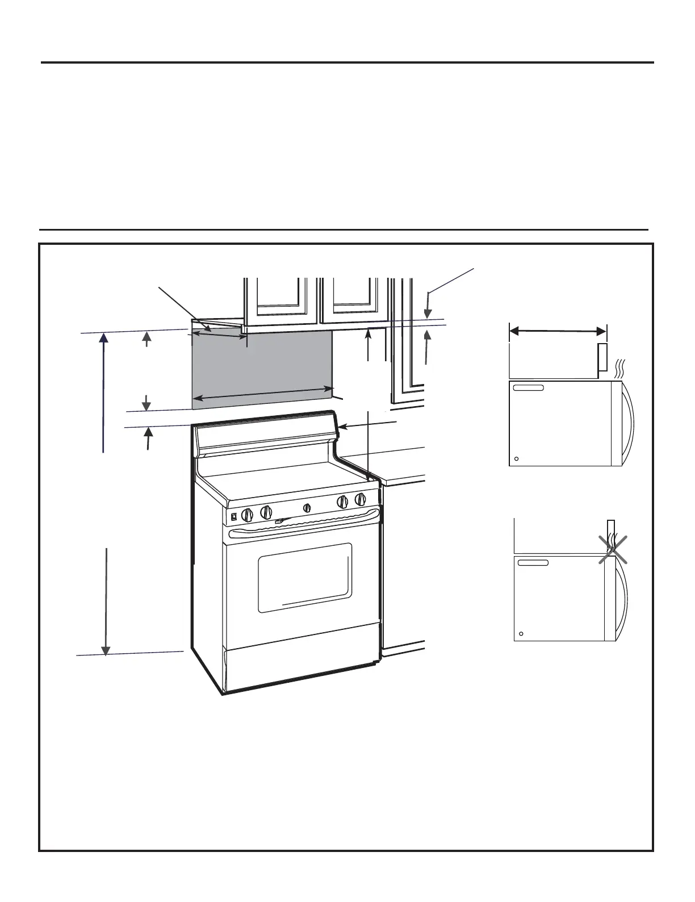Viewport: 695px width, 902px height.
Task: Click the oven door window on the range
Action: point(305,578)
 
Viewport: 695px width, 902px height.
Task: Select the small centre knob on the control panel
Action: point(307,508)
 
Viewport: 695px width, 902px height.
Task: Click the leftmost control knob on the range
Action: point(246,515)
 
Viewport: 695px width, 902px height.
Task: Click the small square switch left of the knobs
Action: point(233,517)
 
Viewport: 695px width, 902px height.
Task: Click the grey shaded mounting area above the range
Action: point(261,369)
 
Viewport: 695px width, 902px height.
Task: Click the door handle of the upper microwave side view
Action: point(627,423)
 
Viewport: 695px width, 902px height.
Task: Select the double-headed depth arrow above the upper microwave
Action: point(558,331)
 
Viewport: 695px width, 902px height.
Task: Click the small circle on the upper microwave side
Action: point(517,459)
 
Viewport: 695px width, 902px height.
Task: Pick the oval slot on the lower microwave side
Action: point(533,562)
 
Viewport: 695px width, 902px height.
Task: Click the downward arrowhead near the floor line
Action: point(106,650)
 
